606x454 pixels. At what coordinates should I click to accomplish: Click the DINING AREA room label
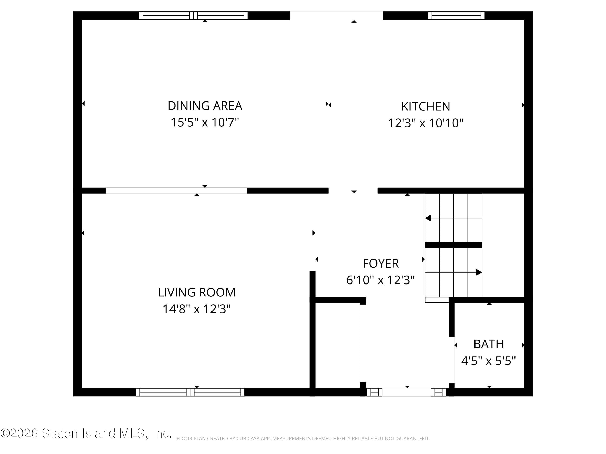[x=205, y=106]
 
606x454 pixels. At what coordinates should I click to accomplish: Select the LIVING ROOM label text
[x=196, y=292]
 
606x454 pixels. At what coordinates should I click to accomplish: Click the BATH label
[x=488, y=344]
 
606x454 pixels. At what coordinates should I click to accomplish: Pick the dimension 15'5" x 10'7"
[x=205, y=122]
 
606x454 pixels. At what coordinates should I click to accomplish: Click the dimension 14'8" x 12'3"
[x=196, y=309]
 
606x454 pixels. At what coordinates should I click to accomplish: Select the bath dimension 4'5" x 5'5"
[x=488, y=361]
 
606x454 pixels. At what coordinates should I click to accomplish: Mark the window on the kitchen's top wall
[x=456, y=15]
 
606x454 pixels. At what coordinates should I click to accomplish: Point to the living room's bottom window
[x=190, y=392]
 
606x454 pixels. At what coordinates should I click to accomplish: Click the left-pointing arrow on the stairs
[x=428, y=218]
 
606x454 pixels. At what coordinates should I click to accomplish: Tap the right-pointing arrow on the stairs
[x=479, y=272]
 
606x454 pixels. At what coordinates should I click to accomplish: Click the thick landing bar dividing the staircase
[x=453, y=245]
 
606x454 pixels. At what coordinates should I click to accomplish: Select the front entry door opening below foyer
[x=407, y=392]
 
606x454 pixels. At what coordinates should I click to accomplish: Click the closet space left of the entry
[x=338, y=345]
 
